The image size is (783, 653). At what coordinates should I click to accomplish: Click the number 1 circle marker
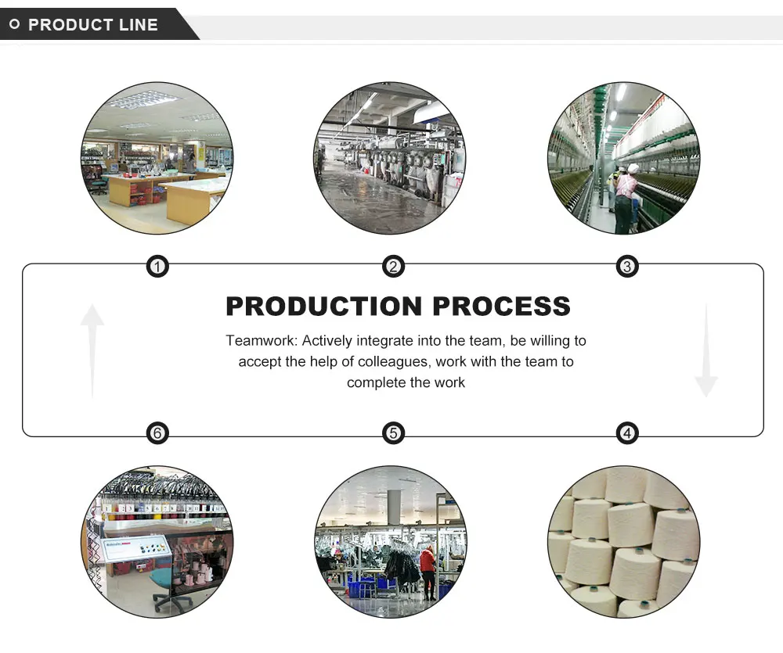coord(158,267)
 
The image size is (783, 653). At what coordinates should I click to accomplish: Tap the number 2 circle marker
coord(393,267)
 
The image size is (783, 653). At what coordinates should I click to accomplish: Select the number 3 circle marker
coord(627,267)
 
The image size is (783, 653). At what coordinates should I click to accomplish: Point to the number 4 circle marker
coord(627,432)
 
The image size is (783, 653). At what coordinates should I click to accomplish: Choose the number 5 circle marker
coord(393,432)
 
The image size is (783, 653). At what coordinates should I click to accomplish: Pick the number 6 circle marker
coord(158,432)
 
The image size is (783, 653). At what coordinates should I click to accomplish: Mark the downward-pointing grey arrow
coord(705,352)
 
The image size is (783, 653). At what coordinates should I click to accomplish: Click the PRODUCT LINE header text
coord(93,24)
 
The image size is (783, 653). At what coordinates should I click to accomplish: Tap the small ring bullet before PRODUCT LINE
coord(14,25)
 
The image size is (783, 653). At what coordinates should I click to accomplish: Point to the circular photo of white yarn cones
coord(623,541)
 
